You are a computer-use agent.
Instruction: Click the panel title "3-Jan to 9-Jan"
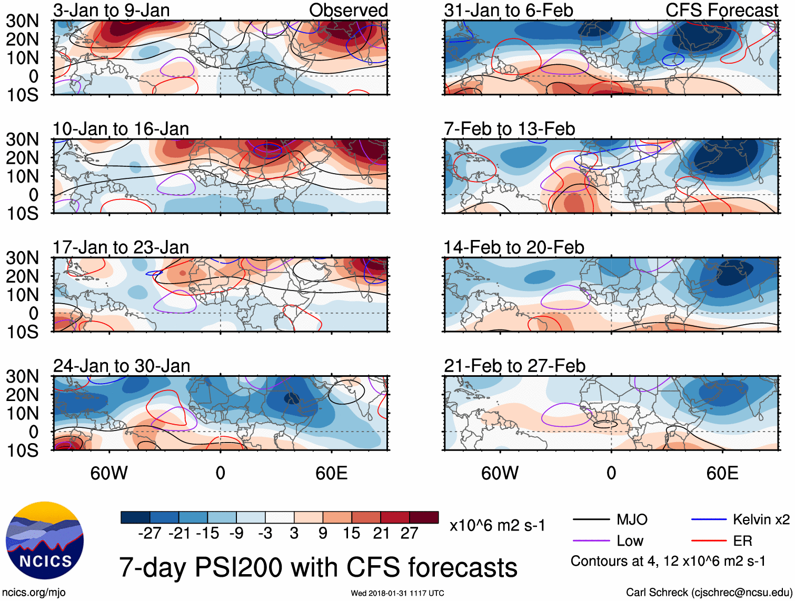tap(111, 10)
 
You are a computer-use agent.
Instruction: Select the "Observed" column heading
tap(348, 10)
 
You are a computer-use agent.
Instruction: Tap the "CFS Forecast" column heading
tap(721, 10)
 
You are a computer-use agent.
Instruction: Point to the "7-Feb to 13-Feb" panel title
tap(509, 129)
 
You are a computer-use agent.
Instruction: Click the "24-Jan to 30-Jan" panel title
tap(122, 366)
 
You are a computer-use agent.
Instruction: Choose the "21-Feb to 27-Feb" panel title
tap(514, 366)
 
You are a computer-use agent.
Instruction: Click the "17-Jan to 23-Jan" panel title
tap(121, 247)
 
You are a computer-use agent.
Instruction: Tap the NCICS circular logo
tap(45, 540)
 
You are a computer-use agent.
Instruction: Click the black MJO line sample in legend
tap(591, 520)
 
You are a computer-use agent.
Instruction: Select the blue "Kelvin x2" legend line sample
tap(709, 520)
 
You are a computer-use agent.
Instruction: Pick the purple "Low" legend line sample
tap(591, 540)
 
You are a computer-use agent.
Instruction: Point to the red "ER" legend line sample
tap(709, 540)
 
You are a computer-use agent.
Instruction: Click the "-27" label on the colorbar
tap(150, 533)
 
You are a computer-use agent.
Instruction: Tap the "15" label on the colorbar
tap(352, 533)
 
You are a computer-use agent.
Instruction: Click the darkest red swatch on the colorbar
tap(424, 517)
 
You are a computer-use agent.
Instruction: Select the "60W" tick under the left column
tap(109, 473)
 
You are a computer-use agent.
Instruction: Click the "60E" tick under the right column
tap(722, 473)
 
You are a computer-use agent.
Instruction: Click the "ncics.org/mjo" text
tap(34, 592)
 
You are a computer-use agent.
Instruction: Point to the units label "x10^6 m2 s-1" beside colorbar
tap(497, 525)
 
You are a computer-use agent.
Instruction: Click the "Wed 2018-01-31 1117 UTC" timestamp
tap(397, 593)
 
